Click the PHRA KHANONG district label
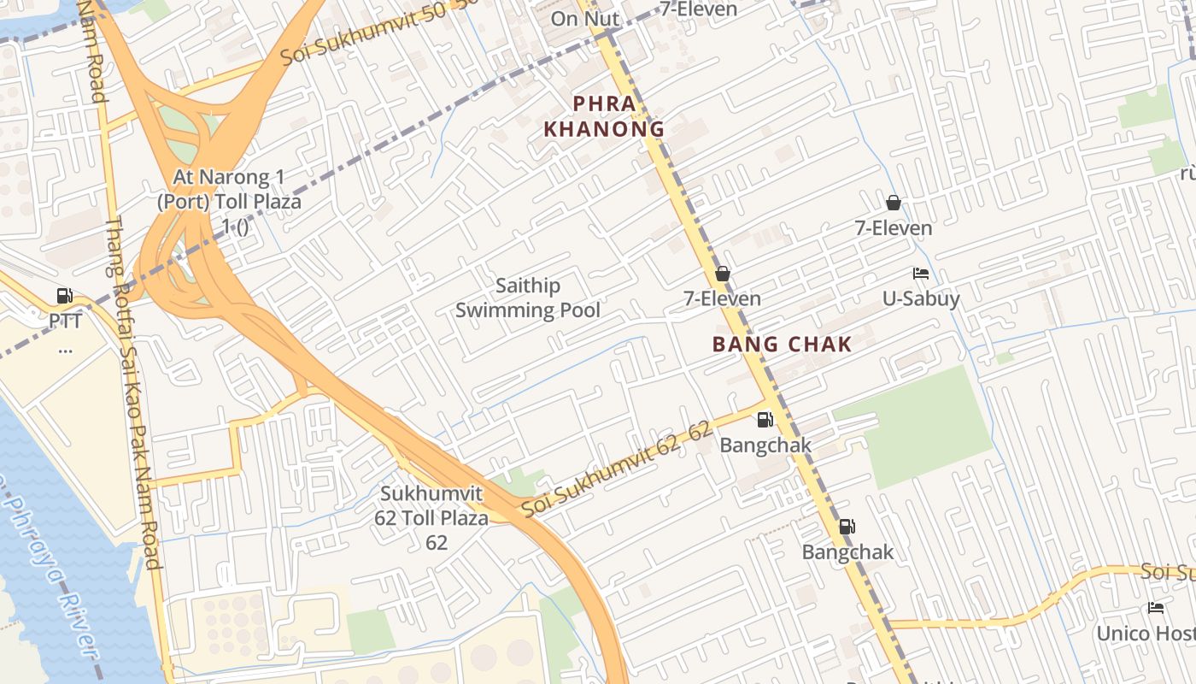tap(605, 116)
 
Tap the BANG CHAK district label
tap(782, 345)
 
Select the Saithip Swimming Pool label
tap(528, 298)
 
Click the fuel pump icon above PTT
tap(64, 296)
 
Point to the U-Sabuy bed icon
tap(921, 274)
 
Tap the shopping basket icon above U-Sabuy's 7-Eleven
tap(894, 203)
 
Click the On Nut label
tap(585, 19)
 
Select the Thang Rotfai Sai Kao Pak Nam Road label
tap(132, 393)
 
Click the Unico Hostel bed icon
tap(1156, 608)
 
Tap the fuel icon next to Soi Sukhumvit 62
tap(765, 420)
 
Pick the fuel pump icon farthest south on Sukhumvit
tap(847, 527)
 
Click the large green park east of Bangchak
tap(927, 427)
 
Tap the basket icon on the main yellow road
tap(723, 274)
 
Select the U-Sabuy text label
tap(921, 298)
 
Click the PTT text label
tap(65, 321)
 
